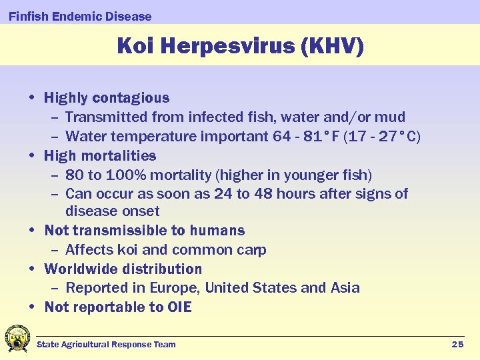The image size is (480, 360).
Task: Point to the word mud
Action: (x=391, y=117)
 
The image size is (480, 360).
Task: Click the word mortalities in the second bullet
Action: (x=123, y=156)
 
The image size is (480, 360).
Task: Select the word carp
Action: (x=251, y=251)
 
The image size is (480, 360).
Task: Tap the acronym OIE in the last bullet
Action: (x=178, y=307)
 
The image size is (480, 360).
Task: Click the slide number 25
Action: (x=457, y=344)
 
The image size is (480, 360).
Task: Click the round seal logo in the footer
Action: (x=17, y=338)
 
